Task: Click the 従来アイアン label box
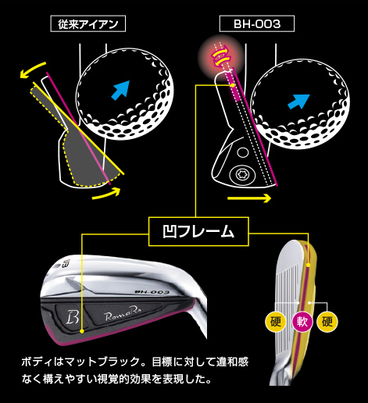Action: pos(88,23)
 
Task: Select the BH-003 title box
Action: pos(257,23)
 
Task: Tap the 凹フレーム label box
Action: pos(198,231)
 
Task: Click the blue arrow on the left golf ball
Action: pos(120,91)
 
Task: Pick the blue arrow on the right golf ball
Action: pos(299,102)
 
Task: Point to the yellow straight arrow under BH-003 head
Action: pos(249,198)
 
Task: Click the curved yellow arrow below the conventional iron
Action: pos(107,194)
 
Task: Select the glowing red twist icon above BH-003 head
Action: pos(221,55)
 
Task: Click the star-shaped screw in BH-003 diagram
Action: pos(241,175)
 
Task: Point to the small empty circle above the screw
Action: pos(243,152)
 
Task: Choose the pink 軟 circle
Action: pos(302,322)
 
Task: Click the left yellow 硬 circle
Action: pos(276,322)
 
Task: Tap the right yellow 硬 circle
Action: pos(327,322)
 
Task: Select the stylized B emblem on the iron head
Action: pos(72,317)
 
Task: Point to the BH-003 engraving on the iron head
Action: pos(152,292)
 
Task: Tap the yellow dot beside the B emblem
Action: pos(82,331)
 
